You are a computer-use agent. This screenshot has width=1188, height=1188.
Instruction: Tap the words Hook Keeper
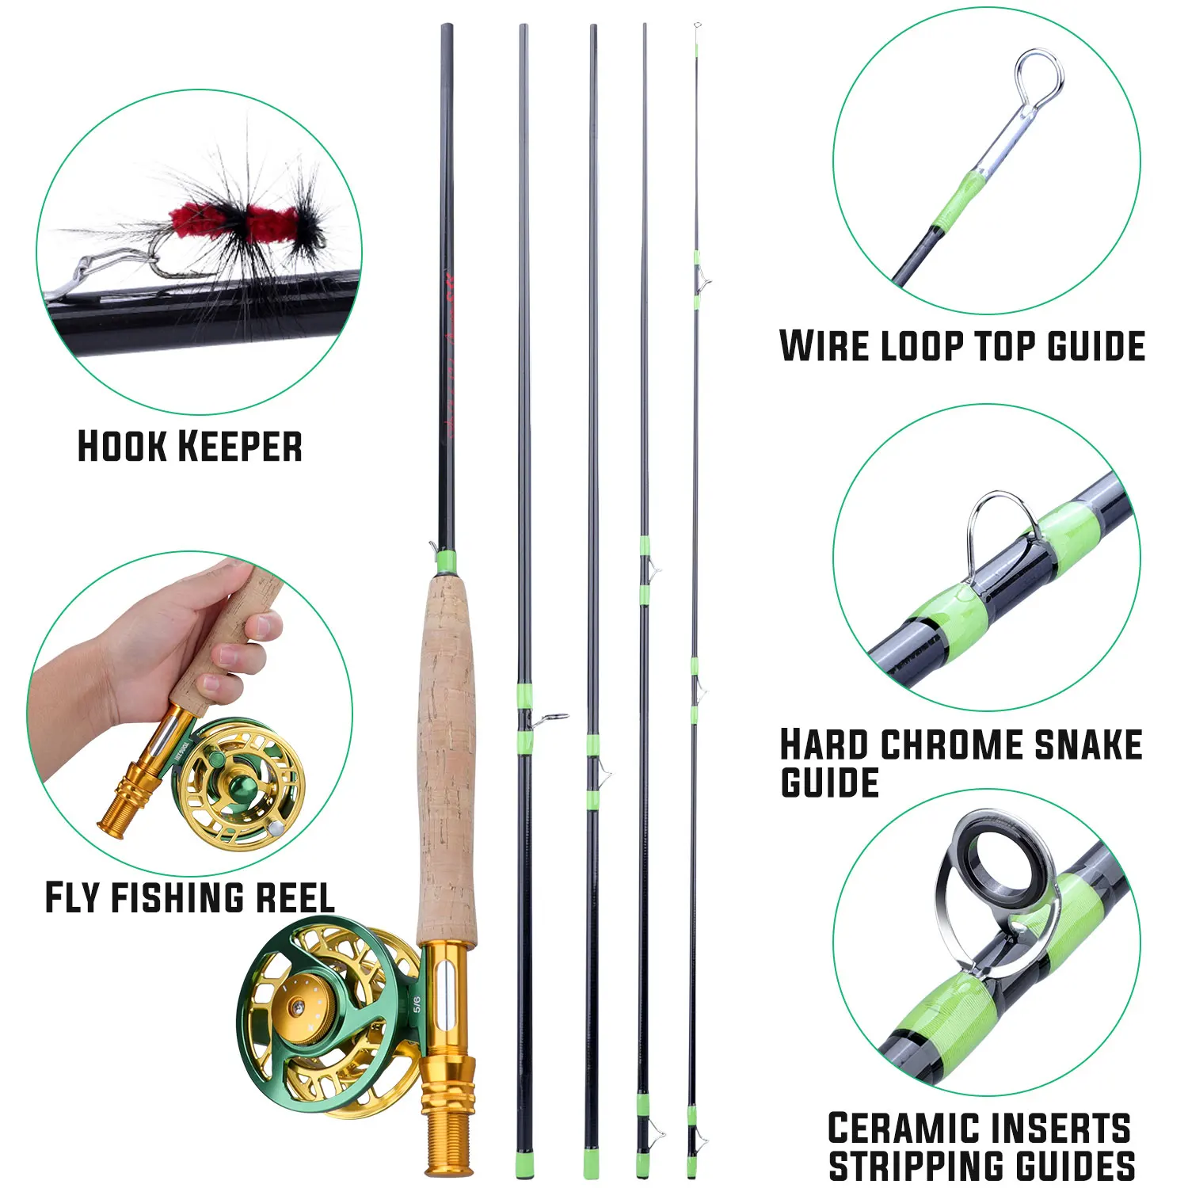190,446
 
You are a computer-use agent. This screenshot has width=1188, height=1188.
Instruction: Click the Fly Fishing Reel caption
189,897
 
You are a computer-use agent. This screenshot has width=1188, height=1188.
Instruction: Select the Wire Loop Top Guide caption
962,346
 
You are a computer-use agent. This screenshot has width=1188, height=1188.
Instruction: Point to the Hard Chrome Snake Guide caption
961,763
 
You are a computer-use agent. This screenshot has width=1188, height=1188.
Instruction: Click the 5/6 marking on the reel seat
417,1004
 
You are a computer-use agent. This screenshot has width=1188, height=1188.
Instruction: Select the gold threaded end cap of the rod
447,1125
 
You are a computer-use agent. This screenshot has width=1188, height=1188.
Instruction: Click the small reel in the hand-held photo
238,784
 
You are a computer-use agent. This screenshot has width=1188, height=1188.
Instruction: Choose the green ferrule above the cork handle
447,562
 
